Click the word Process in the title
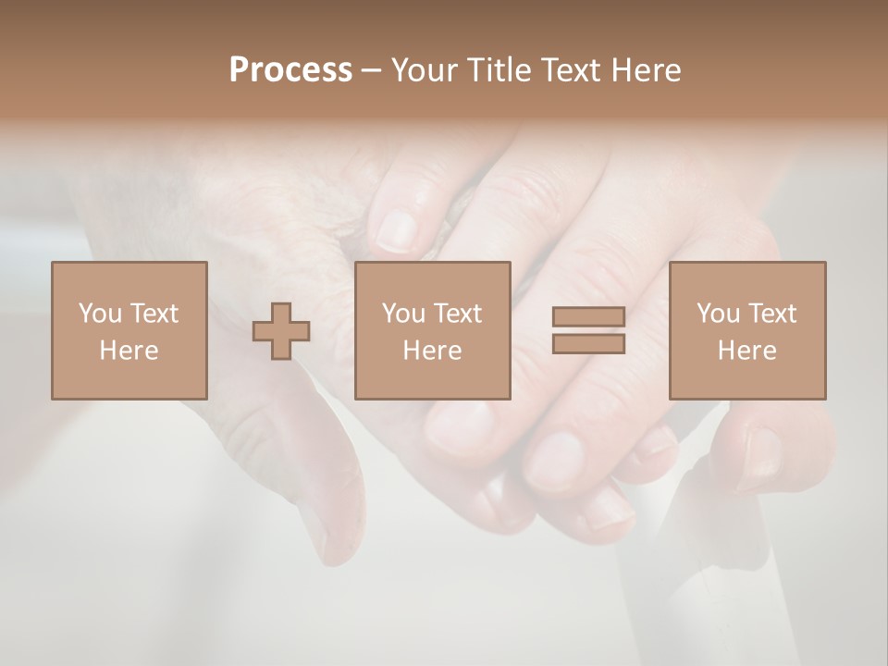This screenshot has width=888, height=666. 290,70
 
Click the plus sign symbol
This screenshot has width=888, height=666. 281,331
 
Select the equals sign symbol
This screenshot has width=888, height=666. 588,330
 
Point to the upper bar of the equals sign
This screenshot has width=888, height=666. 588,317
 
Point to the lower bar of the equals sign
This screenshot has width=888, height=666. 588,343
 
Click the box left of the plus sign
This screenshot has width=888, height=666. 129,330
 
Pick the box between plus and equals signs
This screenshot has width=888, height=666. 433,330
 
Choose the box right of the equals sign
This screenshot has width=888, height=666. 747,330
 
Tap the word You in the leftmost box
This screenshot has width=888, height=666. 100,314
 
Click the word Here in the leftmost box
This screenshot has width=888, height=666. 129,351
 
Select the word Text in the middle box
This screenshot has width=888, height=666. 458,314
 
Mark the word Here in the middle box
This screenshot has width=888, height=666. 433,351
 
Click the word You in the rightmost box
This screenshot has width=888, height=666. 718,314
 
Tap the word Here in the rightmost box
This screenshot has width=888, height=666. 747,351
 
